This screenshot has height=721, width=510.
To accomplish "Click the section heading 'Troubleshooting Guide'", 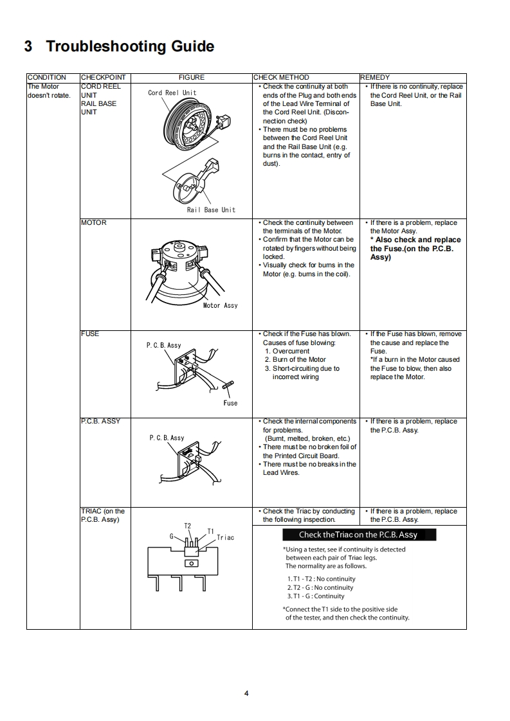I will [119, 46].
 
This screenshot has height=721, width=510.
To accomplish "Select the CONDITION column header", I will [46, 77].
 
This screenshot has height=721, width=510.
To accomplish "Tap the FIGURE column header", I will [191, 77].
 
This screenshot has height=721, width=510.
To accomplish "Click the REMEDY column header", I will [375, 77].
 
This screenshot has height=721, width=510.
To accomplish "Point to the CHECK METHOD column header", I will [281, 77].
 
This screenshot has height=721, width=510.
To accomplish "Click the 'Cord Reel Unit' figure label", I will [172, 93].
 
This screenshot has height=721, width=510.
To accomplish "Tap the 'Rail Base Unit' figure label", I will [211, 210].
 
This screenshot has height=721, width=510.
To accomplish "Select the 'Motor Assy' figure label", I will [220, 305].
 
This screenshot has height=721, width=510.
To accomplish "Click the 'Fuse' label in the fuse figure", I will [230, 403].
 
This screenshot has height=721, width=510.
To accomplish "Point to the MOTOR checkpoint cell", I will [94, 222].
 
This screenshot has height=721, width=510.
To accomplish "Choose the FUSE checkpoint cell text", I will [90, 334].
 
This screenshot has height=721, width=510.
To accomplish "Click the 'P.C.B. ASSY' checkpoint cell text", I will [100, 421].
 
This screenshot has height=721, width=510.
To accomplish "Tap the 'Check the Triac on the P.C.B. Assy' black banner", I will [358, 535].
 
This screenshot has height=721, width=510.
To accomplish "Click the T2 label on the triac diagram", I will [188, 526].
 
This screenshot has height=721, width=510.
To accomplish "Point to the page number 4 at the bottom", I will [246, 693].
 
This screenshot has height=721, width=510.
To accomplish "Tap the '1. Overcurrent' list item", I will [287, 351].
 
